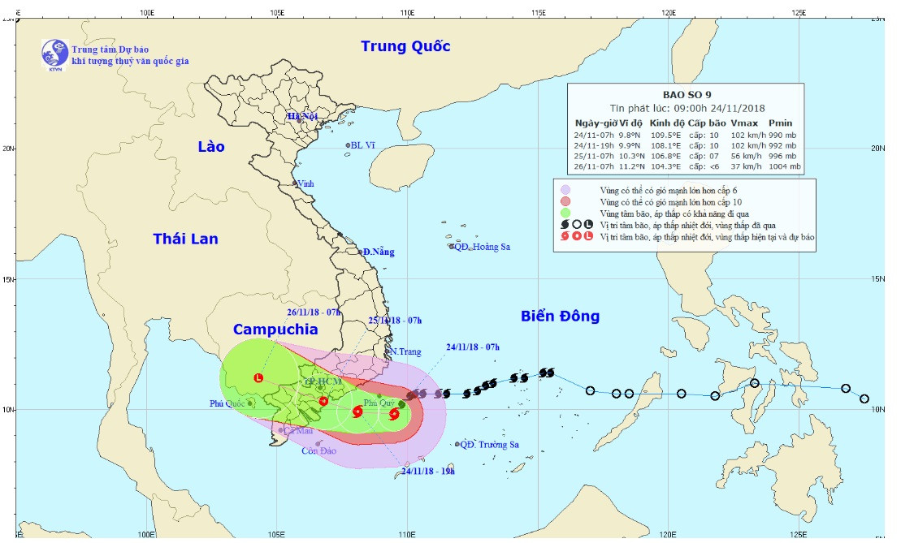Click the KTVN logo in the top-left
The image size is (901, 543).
click(55, 53)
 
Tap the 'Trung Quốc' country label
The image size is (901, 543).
click(405, 46)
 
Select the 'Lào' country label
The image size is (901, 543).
click(210, 146)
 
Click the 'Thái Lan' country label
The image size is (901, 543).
click(185, 239)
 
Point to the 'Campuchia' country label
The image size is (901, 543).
click(275, 329)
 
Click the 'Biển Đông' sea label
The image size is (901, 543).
click(560, 316)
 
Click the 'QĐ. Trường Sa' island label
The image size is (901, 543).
click(489, 445)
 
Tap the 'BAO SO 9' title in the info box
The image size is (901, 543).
click(687, 94)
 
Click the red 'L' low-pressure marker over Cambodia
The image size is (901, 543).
click(258, 377)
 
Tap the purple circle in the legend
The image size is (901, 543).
click(565, 190)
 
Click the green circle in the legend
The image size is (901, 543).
click(565, 213)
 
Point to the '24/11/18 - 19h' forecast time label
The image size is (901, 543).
click(428, 471)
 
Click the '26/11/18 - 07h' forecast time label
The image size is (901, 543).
click(314, 312)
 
